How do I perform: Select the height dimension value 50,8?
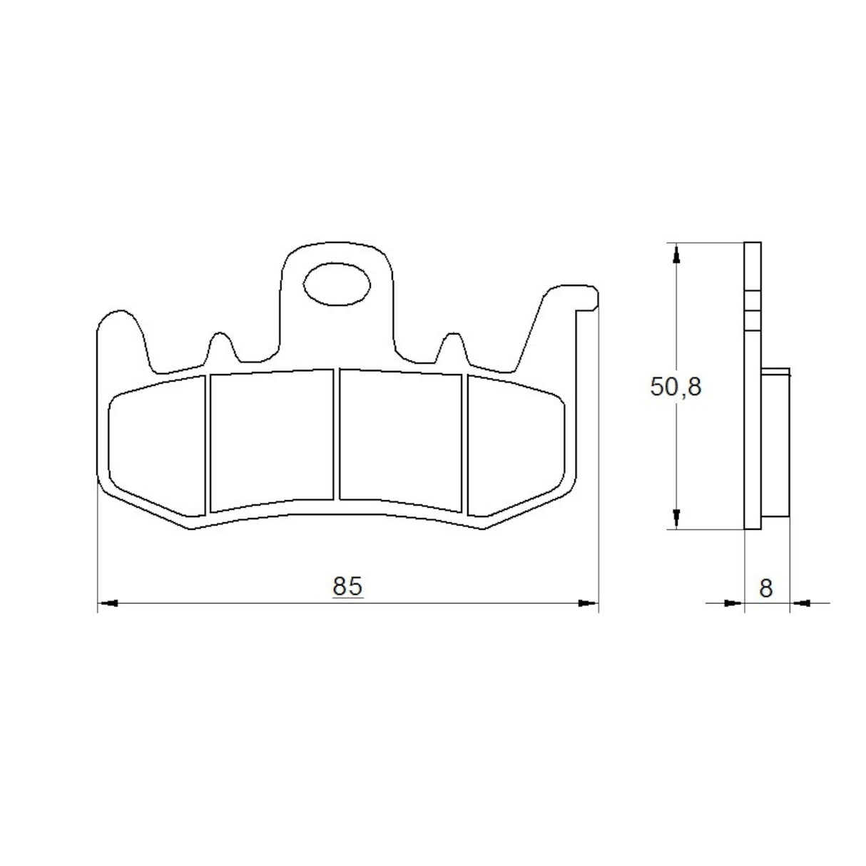click(676, 387)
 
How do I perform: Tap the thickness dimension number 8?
click(766, 588)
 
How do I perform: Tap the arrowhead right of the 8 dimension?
click(801, 603)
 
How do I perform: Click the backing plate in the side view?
click(753, 428)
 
